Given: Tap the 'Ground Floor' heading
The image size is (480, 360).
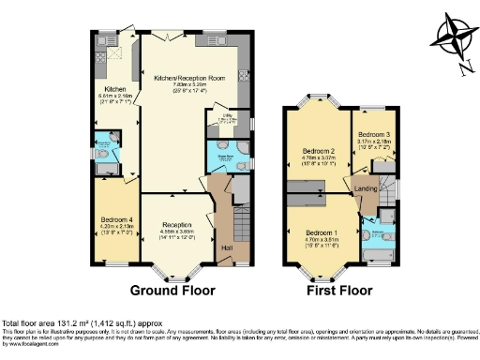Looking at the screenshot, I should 174,290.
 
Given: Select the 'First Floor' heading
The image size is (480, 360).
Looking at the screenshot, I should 336,290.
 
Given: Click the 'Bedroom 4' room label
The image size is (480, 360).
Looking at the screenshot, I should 118,220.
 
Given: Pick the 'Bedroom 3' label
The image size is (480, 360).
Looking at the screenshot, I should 374,134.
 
